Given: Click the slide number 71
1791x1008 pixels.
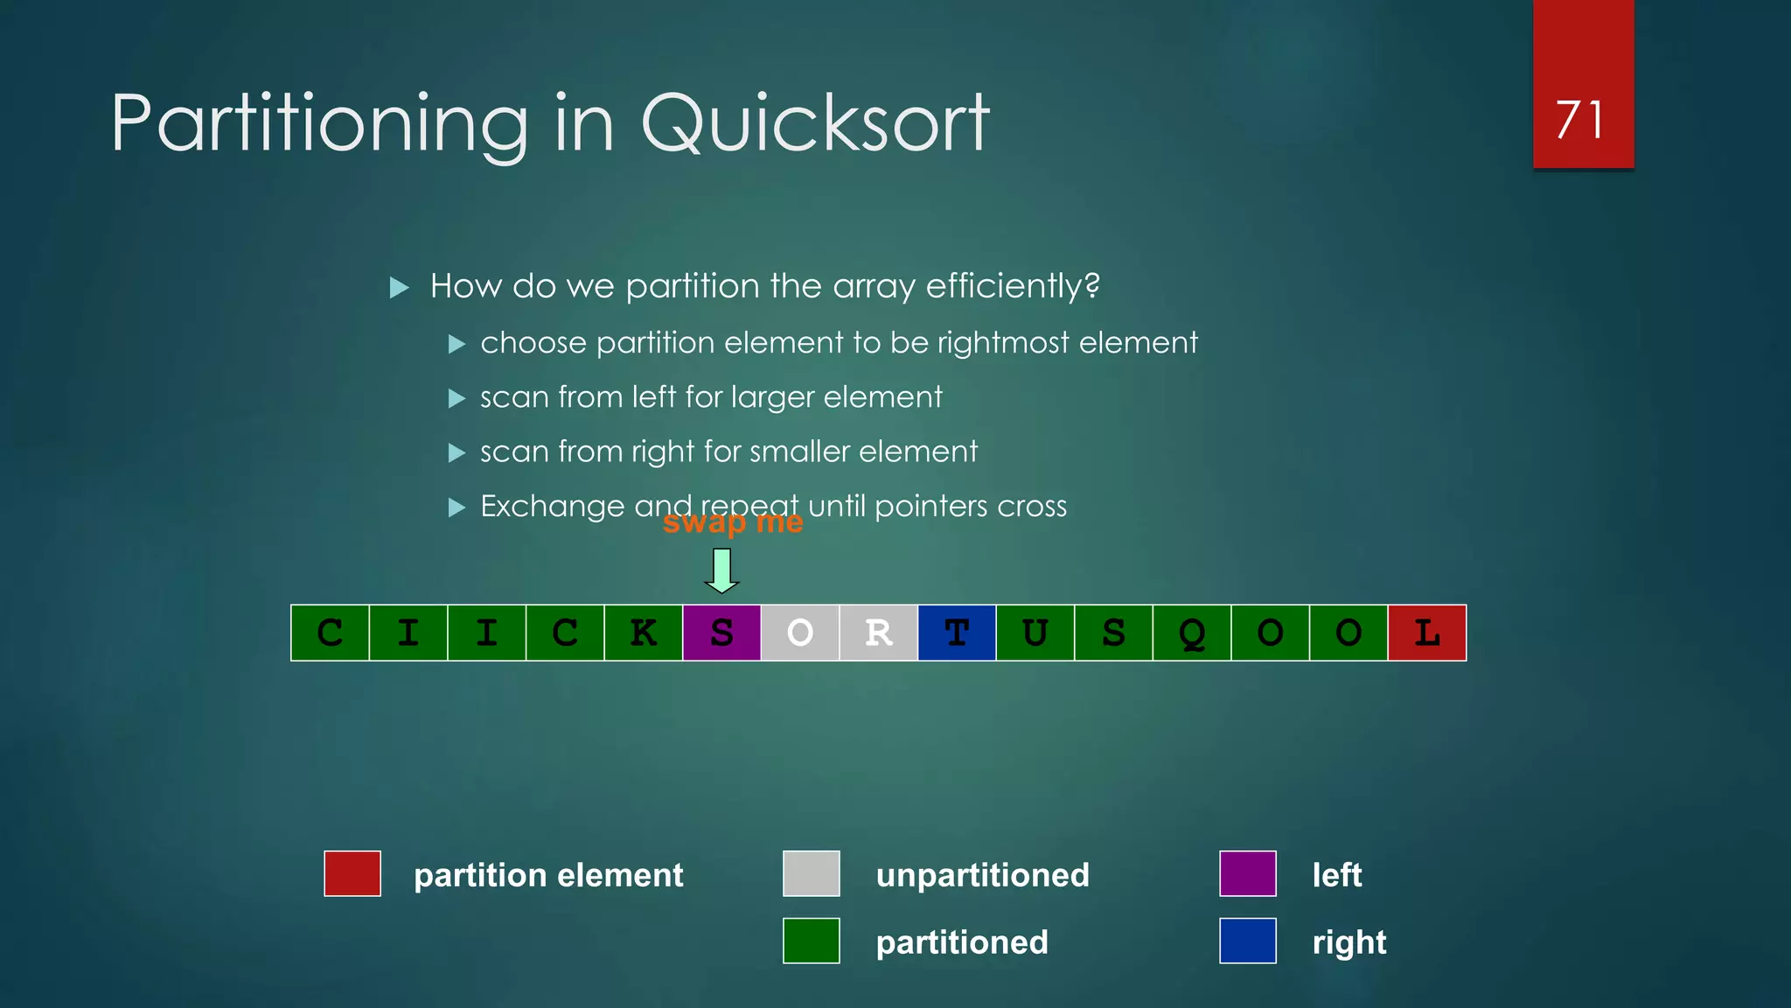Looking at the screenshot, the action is pyautogui.click(x=1580, y=120).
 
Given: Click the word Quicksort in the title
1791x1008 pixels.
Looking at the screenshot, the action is pyautogui.click(x=815, y=123).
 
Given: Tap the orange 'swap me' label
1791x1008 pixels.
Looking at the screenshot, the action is pyautogui.click(x=733, y=522).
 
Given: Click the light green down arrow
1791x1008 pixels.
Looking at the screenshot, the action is pyautogui.click(x=722, y=570).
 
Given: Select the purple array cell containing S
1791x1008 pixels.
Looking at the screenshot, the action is pyautogui.click(x=721, y=633).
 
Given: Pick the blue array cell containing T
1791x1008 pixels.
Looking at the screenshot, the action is pyautogui.click(x=957, y=633).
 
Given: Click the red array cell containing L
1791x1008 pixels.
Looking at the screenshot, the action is pyautogui.click(x=1427, y=633).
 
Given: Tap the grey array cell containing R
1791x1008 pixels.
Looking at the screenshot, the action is pyautogui.click(x=878, y=633).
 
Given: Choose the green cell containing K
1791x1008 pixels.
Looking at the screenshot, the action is pyautogui.click(x=644, y=633).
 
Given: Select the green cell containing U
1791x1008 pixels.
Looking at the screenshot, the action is pyautogui.click(x=1035, y=633).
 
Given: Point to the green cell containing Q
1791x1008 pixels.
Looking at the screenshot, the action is pyautogui.click(x=1192, y=633).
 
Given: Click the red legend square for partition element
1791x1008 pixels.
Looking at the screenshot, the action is pyautogui.click(x=352, y=873).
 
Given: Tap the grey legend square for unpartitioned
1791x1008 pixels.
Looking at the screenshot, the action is pyautogui.click(x=812, y=873).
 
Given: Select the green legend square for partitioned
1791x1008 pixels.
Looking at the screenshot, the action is pyautogui.click(x=812, y=941).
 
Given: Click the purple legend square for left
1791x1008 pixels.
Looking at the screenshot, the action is pyautogui.click(x=1248, y=873).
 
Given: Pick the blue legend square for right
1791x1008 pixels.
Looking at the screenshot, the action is pyautogui.click(x=1248, y=941).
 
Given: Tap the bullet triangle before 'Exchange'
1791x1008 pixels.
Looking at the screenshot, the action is pyautogui.click(x=456, y=507).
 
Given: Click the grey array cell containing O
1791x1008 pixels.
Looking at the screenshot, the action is pyautogui.click(x=800, y=633).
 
